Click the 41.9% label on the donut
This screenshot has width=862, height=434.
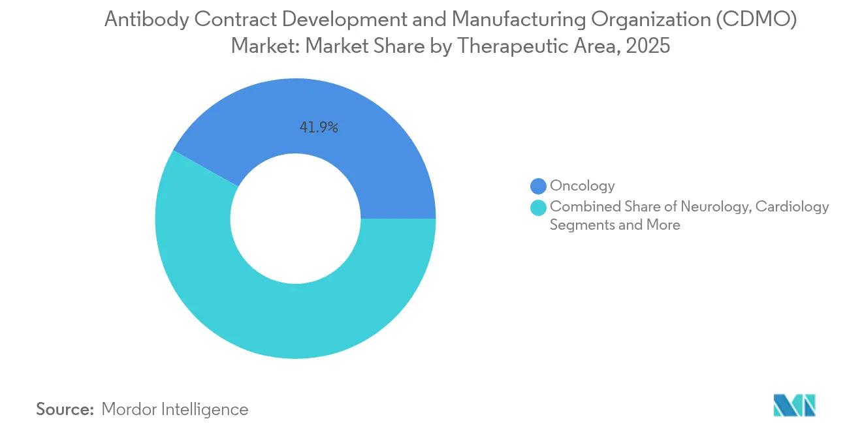319,128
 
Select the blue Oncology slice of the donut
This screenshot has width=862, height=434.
366,144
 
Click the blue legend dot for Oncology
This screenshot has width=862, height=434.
539,187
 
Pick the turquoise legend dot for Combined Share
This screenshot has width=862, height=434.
539,208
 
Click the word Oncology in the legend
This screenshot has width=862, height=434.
583,186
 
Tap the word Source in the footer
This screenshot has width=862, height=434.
65,409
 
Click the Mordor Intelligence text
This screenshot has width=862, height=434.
175,409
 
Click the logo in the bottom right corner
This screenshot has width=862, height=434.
794,405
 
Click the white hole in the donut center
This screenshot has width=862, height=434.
295,219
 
